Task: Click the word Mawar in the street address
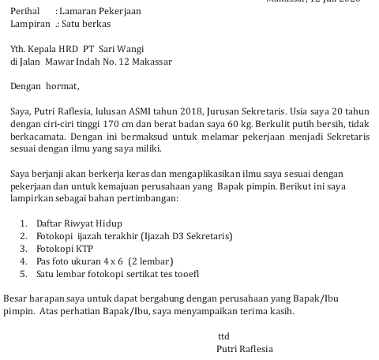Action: click(67, 62)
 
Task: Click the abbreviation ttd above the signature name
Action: click(223, 336)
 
